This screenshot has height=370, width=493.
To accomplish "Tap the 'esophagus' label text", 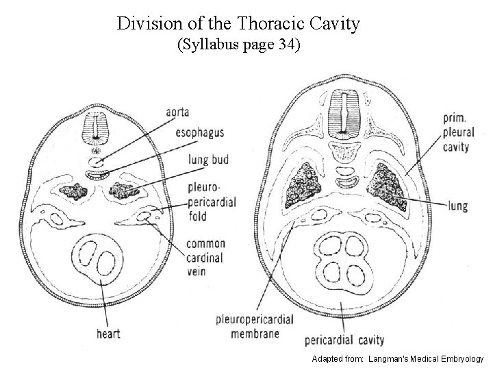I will click(199, 133).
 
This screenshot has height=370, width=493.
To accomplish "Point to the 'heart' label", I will click(108, 333).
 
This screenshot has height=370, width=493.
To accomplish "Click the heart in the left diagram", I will click(98, 261).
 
